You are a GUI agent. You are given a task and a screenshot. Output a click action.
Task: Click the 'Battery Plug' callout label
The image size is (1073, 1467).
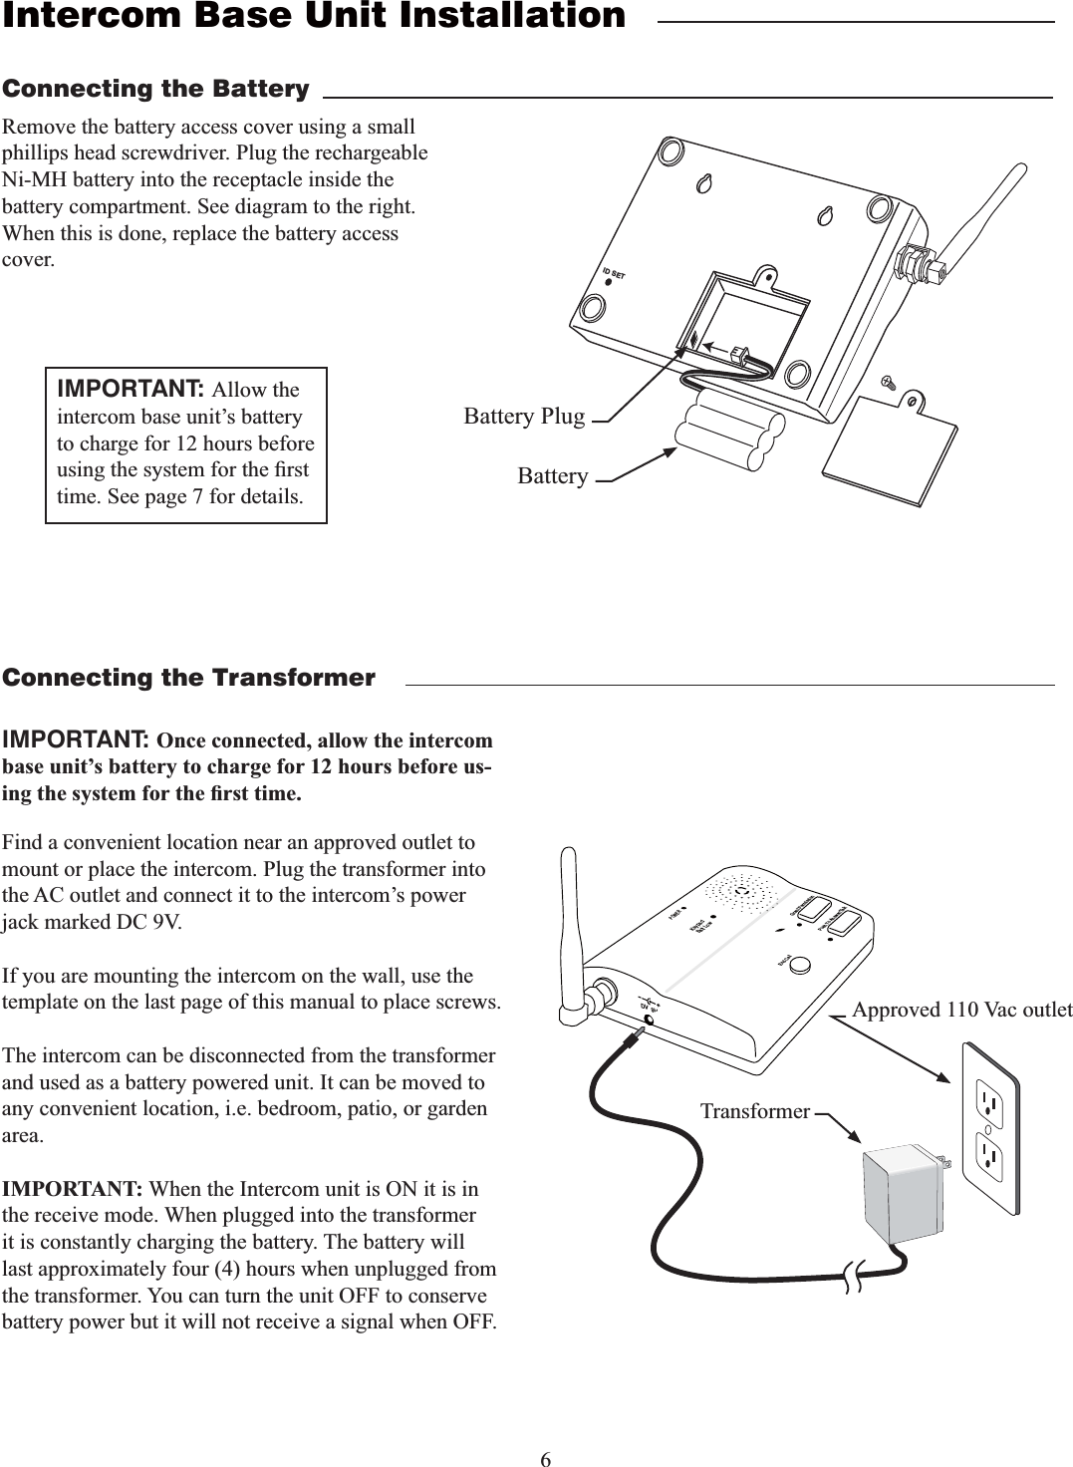[x=524, y=416]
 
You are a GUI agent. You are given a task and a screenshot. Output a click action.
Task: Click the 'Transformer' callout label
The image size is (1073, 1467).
[x=754, y=1110]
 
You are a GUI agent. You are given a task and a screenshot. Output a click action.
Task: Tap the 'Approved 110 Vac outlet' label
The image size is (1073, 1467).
[x=962, y=1010]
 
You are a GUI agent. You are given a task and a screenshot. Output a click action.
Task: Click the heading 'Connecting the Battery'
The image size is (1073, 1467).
[x=155, y=90]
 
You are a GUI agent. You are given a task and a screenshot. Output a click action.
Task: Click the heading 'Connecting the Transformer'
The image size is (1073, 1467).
[x=189, y=679]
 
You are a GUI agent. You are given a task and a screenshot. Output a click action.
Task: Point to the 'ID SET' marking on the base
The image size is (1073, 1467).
[x=612, y=272]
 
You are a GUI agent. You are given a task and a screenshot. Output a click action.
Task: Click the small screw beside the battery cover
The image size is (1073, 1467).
[x=888, y=381]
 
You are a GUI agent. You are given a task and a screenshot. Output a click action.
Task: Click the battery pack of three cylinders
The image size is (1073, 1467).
[x=720, y=430]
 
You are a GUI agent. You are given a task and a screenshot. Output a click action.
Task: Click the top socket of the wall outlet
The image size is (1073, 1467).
[x=989, y=1100]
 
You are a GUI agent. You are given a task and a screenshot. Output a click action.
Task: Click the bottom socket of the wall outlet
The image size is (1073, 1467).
[x=989, y=1156]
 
